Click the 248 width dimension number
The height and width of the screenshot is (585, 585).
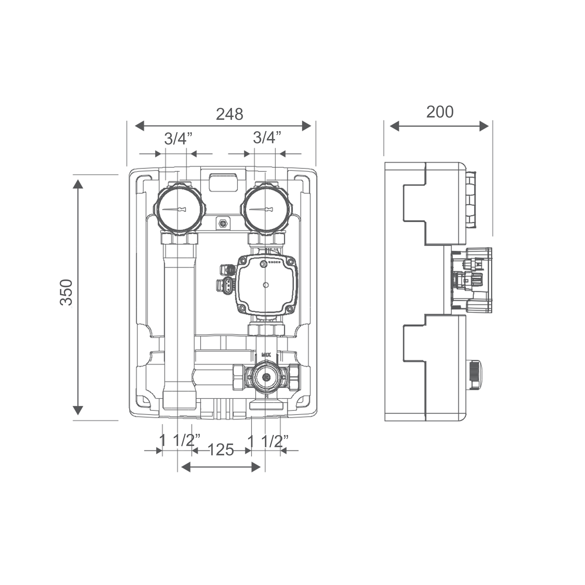[230, 114]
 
